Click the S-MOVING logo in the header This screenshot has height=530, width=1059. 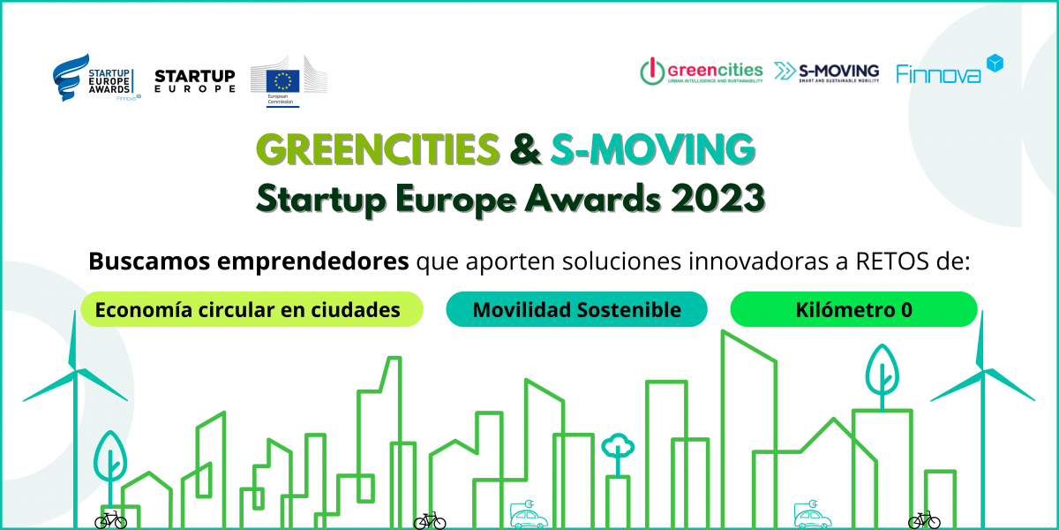click(x=826, y=72)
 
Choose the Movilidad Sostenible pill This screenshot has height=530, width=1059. click(x=576, y=310)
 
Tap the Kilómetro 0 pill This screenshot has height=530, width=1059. click(x=853, y=310)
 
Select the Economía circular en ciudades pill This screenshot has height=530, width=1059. click(x=252, y=310)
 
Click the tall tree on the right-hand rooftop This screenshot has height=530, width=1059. click(x=881, y=371)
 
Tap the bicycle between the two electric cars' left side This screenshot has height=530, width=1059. click(x=430, y=521)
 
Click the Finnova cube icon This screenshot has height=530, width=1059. click(x=995, y=64)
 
